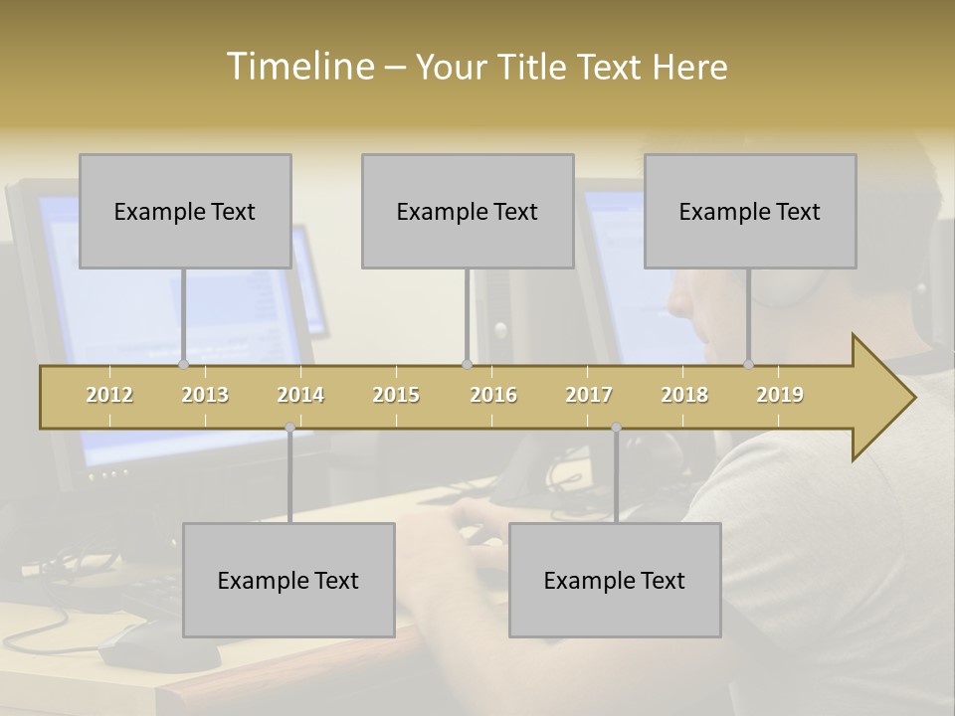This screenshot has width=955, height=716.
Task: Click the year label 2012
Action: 109,395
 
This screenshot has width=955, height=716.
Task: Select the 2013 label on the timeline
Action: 205,395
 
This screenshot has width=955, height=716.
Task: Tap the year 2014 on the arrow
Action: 300,395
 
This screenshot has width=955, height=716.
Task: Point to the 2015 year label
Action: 396,395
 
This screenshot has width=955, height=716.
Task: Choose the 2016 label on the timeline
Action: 493,395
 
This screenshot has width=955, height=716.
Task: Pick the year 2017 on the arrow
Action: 589,395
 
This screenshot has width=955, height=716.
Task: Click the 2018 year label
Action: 684,395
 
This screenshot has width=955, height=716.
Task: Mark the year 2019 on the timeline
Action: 780,395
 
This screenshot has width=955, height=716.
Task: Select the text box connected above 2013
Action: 185,211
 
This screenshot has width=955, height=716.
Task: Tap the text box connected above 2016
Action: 468,211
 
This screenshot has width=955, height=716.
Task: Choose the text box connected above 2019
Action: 750,211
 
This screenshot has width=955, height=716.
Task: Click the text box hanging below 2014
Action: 288,580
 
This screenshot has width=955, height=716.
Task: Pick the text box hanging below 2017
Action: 615,580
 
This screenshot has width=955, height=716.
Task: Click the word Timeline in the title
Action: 298,67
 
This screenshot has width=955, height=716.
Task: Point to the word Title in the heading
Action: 534,68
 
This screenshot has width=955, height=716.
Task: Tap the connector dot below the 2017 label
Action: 616,428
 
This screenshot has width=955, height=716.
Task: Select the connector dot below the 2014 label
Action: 289,428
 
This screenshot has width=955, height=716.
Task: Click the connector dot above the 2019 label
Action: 749,364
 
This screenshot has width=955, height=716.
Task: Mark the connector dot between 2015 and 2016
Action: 467,364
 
